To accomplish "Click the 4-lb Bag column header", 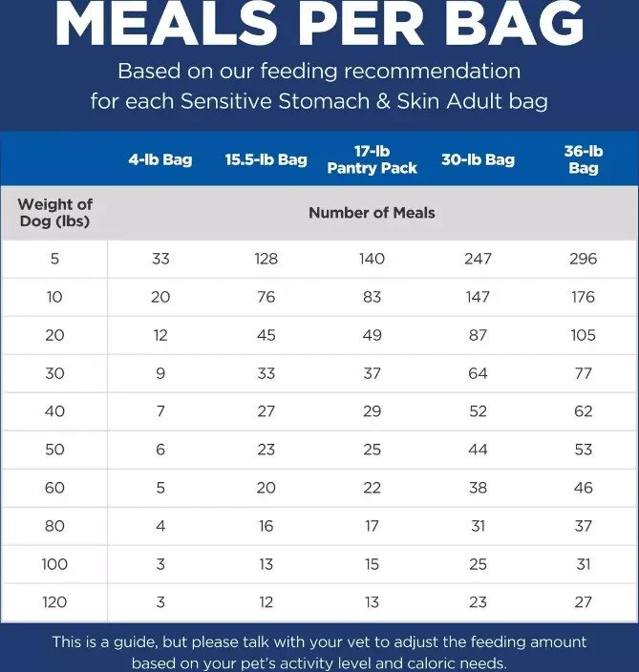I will (160, 159).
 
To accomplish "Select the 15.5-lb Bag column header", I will (266, 159).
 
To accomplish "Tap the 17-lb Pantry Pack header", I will (372, 159).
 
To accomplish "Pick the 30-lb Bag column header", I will (478, 159).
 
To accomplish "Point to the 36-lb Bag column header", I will (583, 159).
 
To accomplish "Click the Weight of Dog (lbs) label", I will (54, 213).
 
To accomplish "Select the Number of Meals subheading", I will (372, 213).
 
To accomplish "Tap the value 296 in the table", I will (583, 259).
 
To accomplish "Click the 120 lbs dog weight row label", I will (54, 602).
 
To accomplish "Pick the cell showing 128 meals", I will (266, 259).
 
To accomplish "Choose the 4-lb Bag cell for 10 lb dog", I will (160, 297).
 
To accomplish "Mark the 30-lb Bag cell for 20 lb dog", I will (478, 335).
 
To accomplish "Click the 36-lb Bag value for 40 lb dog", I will (583, 411).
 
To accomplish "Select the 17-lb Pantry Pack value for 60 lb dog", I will (372, 488).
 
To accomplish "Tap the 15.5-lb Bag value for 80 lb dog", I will (266, 526).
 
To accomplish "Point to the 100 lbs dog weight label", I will (54, 564).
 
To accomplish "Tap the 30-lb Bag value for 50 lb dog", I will (478, 450).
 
